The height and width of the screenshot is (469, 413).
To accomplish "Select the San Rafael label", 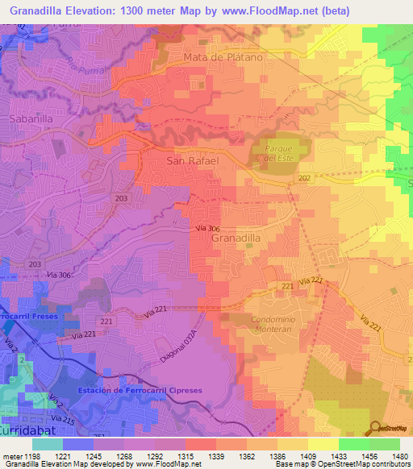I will pos(192,161).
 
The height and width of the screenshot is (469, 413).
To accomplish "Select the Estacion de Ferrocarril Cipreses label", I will pos(138,391).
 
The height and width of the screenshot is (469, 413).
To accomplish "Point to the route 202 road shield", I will pos(304,178).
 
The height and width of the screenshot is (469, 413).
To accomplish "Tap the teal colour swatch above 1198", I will pos(47,444).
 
